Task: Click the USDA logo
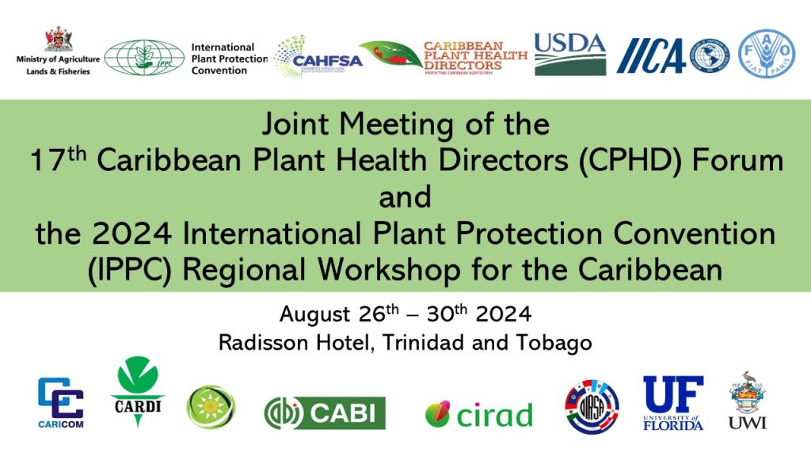coord(570,54)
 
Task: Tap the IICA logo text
coord(650,56)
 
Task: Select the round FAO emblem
coord(767,54)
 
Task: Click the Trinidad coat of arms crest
coord(58,39)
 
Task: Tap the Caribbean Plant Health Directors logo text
coord(474,56)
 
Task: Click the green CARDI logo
coord(138,393)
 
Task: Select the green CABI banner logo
coord(325,412)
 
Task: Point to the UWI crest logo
coord(748,401)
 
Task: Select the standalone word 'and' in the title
coord(405,196)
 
